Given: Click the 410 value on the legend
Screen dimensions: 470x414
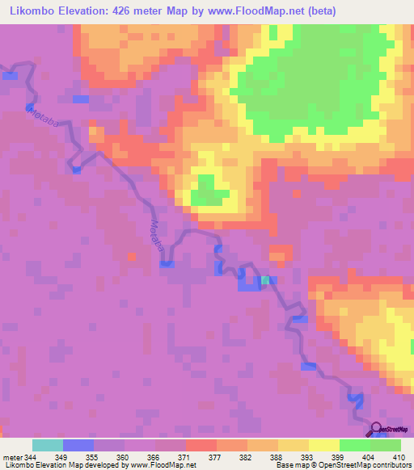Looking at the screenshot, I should (400, 457).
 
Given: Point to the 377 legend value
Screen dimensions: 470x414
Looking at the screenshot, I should (216, 457).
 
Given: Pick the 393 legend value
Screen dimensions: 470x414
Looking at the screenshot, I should (308, 457).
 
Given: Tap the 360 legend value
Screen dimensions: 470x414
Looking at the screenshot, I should (124, 457).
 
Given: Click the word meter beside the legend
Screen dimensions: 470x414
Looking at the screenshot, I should (11, 457).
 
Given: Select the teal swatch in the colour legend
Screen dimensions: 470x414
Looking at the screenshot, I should (47, 445).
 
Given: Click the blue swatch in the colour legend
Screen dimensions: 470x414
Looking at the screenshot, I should (78, 445).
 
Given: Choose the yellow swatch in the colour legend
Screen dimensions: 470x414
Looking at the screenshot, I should (323, 445).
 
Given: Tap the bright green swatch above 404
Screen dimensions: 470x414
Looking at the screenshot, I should (354, 445).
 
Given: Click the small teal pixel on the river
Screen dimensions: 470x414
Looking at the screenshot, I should (265, 280).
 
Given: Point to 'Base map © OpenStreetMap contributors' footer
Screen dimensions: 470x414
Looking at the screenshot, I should (342, 466).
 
